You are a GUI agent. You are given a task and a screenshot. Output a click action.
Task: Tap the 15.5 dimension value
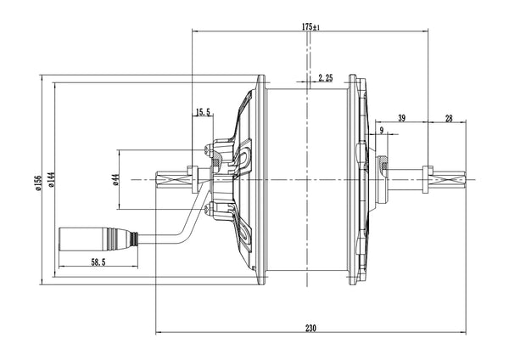203,112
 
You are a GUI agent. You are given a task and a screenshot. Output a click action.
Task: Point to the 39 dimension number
400,118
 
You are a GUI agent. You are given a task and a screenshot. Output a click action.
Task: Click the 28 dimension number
449,118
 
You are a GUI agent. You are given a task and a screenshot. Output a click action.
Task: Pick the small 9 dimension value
382,130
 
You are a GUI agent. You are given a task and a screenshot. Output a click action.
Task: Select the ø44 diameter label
114,179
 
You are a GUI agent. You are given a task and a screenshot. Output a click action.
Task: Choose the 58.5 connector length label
98,263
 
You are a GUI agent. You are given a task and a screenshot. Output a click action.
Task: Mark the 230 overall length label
310,328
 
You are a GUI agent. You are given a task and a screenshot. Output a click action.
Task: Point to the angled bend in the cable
187,230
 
